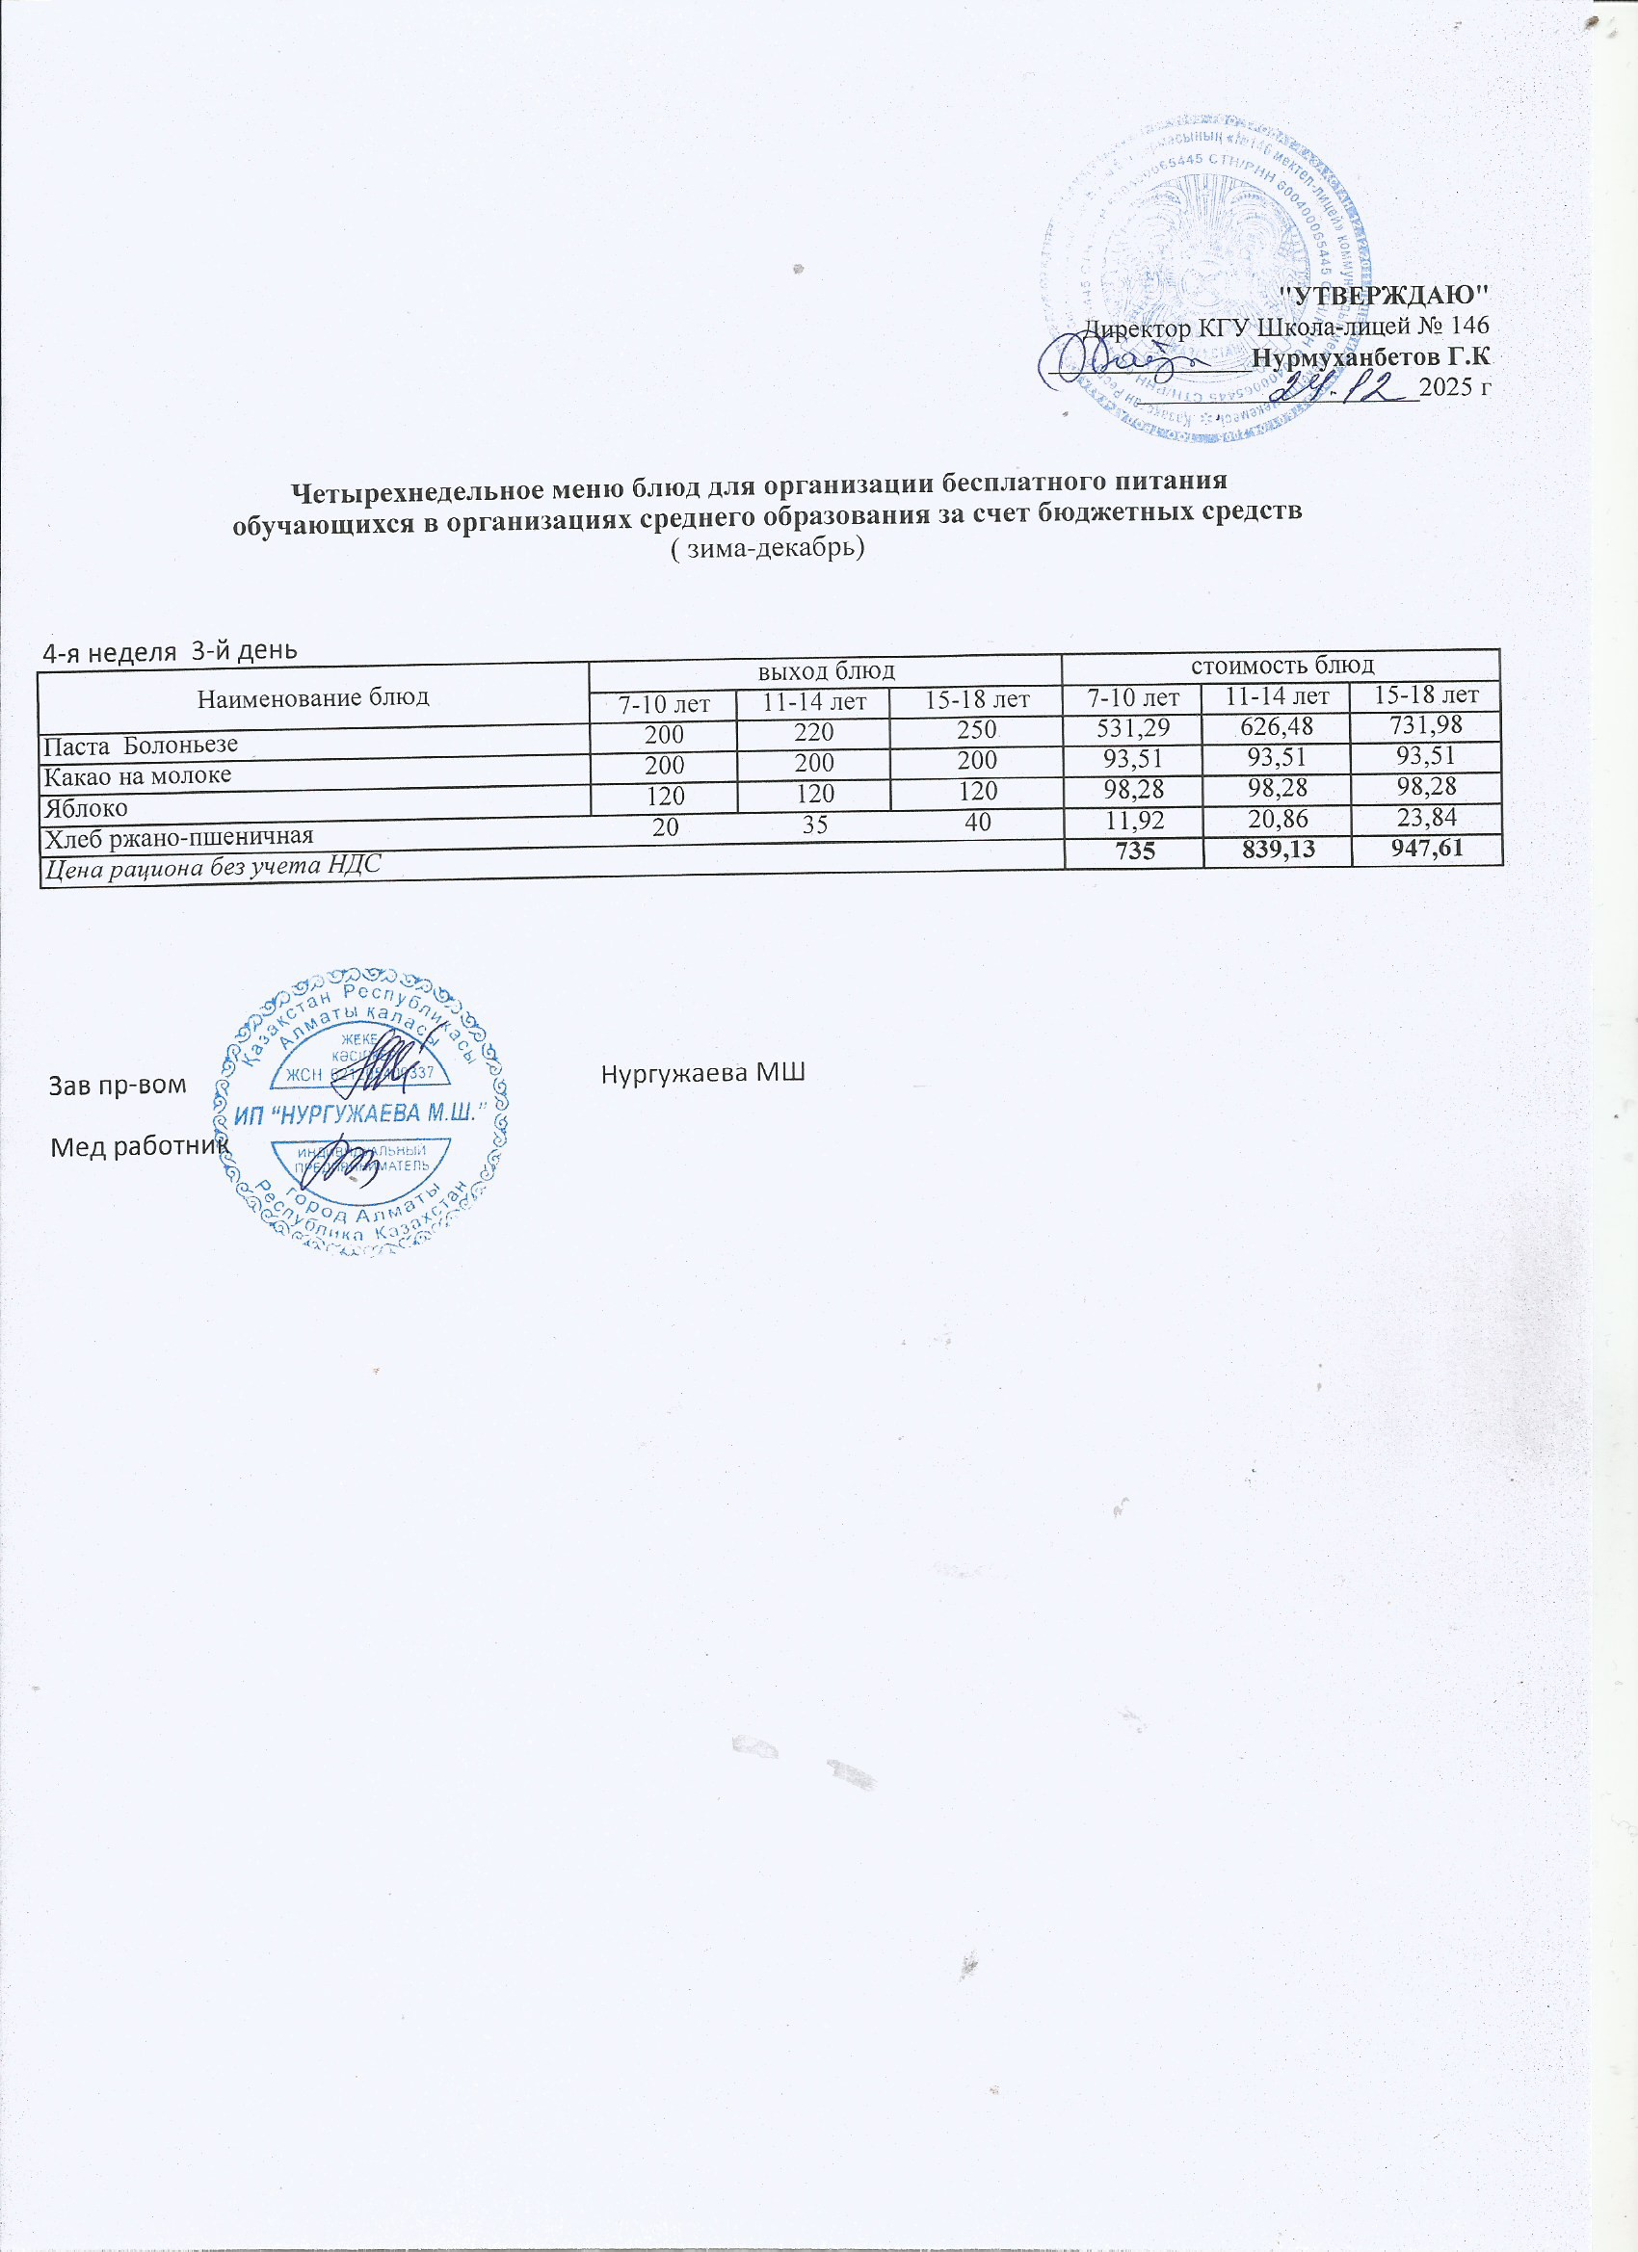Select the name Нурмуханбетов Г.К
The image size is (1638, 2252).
1372,357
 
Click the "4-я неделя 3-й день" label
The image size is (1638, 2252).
169,651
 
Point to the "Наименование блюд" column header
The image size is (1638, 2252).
313,697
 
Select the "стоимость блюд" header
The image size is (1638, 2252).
1281,664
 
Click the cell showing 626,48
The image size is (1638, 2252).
1278,726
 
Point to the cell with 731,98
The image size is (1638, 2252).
1426,724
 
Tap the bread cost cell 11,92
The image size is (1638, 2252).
1131,819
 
